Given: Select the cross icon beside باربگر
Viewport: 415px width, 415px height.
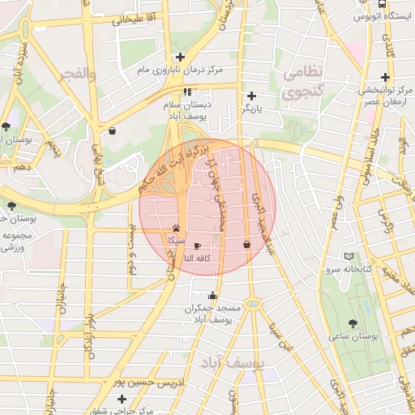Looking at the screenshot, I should click(x=252, y=96).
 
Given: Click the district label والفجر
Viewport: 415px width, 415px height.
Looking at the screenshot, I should click(x=77, y=74).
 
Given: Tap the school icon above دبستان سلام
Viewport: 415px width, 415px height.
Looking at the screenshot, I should click(x=188, y=92).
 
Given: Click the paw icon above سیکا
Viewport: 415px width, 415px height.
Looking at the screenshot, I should click(x=176, y=228).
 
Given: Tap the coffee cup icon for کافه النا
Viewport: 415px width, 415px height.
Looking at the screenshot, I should click(x=197, y=244).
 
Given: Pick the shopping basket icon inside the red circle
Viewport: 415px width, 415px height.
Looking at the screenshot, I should click(x=246, y=244).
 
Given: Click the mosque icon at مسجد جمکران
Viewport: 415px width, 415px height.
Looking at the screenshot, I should click(x=212, y=296).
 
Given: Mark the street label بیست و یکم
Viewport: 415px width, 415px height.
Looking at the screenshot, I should click(x=130, y=250).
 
